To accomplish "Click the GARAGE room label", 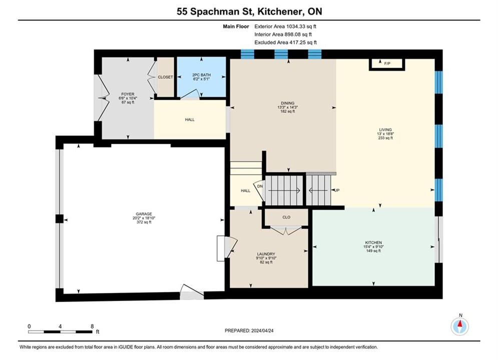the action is [144, 214].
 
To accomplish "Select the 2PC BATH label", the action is [201, 75].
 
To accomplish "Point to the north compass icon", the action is [460, 325].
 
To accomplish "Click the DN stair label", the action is [260, 186].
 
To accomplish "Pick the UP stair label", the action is [337, 190].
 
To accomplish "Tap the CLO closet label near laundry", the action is [286, 217].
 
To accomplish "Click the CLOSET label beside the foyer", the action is [166, 77].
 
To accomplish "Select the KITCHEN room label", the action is [373, 242].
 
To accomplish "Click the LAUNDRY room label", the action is [266, 254].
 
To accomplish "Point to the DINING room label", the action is [287, 103].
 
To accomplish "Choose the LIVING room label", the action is [385, 129].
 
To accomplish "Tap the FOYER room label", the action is [128, 94].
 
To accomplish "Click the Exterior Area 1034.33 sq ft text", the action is [285, 26].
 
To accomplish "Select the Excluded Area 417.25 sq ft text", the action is [285, 42].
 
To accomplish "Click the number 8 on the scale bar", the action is [92, 326].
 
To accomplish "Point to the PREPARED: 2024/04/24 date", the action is [249, 330].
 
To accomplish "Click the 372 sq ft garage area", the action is [144, 222].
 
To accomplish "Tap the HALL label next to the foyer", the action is [190, 119].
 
